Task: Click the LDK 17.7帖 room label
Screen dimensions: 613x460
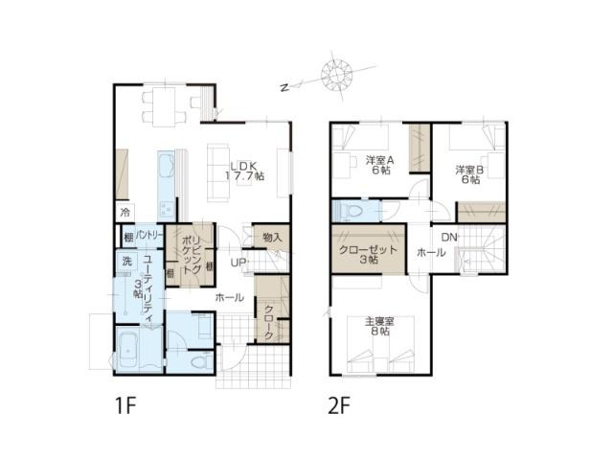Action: (x=245, y=171)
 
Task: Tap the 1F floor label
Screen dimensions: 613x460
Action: (x=125, y=405)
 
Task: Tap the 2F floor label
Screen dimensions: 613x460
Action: (x=339, y=405)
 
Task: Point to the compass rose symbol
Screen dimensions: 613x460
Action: (x=336, y=74)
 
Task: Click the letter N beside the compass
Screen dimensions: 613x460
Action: (x=285, y=87)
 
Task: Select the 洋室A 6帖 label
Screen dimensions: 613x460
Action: (x=379, y=165)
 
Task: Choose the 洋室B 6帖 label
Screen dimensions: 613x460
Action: (x=469, y=174)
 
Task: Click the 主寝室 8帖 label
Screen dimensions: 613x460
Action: (x=379, y=326)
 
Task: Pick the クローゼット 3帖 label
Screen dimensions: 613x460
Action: (x=368, y=254)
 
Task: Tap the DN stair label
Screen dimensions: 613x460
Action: (x=449, y=237)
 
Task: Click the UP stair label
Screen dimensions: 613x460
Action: (x=238, y=263)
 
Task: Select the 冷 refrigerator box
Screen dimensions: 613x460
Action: (x=125, y=213)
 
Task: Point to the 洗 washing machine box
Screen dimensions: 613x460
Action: (x=127, y=262)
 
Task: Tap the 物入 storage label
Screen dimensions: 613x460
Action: (x=272, y=237)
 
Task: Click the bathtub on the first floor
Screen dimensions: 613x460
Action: (x=127, y=351)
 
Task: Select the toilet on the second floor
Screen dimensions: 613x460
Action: (x=352, y=212)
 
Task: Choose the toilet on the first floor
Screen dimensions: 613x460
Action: (x=201, y=362)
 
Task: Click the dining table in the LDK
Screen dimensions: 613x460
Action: (x=164, y=107)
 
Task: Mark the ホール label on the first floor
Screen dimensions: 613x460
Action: (x=230, y=298)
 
